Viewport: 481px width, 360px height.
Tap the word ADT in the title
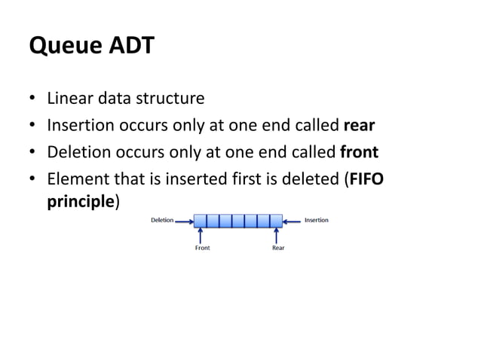[x=130, y=47]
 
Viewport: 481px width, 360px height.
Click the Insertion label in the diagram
[x=316, y=221]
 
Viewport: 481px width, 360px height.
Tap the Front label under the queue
[x=202, y=248]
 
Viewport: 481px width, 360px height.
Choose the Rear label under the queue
[x=278, y=248]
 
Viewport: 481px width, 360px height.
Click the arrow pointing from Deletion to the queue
[x=184, y=221]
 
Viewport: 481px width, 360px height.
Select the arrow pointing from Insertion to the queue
[x=293, y=221]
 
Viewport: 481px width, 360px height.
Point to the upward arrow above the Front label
[x=201, y=235]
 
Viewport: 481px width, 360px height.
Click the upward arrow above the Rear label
[x=276, y=235]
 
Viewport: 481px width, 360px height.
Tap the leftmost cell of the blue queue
[x=201, y=221]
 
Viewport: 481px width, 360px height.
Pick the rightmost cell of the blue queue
[x=276, y=221]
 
